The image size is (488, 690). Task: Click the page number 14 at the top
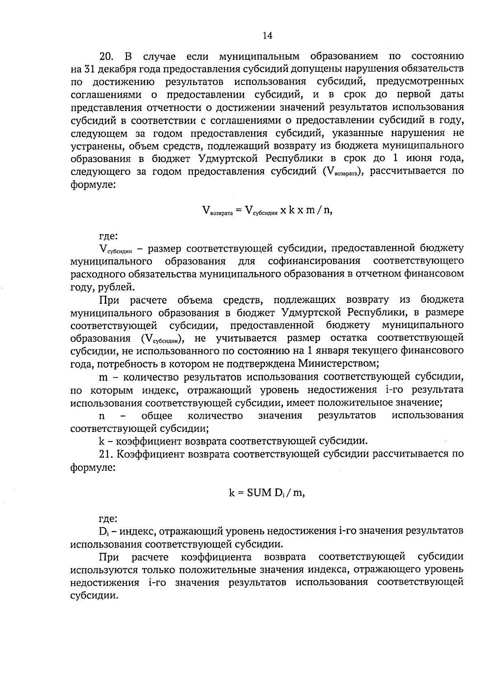(x=267, y=36)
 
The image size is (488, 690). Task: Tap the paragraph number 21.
(x=106, y=454)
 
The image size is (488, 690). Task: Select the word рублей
(x=116, y=287)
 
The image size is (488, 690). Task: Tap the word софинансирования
(x=314, y=261)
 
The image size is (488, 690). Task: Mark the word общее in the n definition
(x=157, y=416)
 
